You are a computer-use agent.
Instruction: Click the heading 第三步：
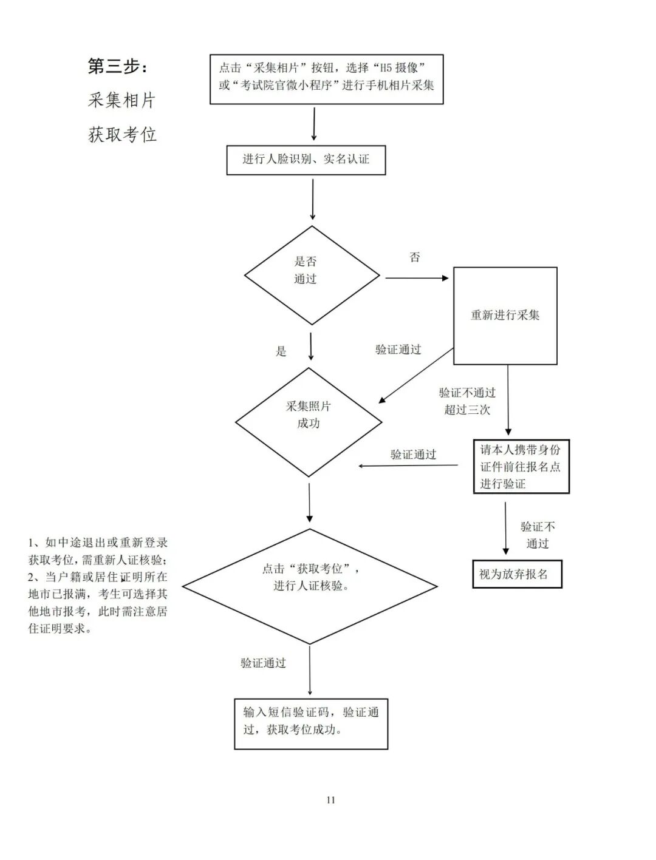(118, 66)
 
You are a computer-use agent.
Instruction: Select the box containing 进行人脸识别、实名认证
(306, 160)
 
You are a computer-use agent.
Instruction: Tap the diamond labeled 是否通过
(312, 275)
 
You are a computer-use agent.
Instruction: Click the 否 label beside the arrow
(415, 257)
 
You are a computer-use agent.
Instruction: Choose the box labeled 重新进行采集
(505, 316)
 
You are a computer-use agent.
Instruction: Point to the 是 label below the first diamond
(281, 351)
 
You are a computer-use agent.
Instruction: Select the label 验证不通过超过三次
(467, 401)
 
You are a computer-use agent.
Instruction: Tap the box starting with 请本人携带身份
(521, 466)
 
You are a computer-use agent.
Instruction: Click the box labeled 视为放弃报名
(516, 574)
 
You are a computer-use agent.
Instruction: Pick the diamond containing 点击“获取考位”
(310, 586)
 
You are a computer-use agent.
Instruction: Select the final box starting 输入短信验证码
(310, 723)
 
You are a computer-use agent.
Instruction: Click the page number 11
(330, 800)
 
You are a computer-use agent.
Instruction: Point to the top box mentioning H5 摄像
(326, 79)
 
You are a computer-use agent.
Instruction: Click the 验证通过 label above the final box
(263, 663)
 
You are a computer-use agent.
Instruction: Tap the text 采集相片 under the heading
(121, 100)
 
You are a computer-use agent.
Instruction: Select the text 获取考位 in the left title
(123, 134)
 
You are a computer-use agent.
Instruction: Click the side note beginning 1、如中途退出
(98, 586)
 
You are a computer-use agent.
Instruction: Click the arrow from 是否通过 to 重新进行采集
(417, 278)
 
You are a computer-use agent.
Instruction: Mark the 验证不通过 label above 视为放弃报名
(537, 535)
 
